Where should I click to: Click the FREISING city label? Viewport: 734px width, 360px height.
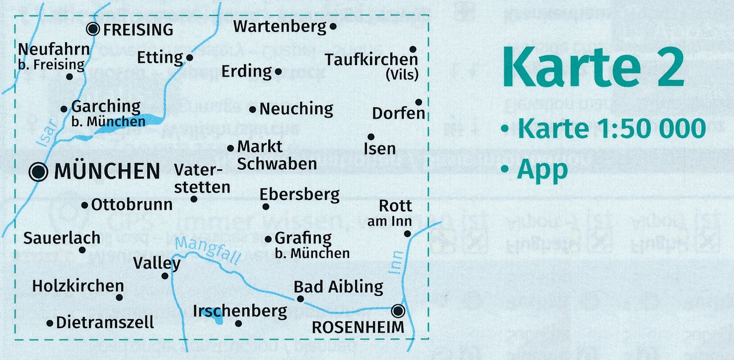pos(138,30)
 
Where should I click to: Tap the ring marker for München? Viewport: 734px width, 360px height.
pos(39,172)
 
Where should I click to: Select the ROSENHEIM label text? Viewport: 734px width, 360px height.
pos(358,327)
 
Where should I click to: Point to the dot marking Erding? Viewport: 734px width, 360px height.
pos(278,72)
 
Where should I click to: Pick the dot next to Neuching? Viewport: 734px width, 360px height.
pos(253,109)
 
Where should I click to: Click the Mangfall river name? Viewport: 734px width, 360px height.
pos(208,250)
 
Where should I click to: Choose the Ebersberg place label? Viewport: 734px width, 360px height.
pos(299,194)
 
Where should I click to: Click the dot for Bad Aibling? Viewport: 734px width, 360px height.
pos(300,299)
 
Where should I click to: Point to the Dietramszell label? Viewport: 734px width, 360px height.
pos(105,323)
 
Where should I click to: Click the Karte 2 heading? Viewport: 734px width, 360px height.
pos(593,69)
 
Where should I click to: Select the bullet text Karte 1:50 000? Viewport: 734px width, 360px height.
pos(611,129)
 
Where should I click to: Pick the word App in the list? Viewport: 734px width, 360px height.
pos(542,169)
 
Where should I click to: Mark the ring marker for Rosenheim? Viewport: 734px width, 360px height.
pos(398,311)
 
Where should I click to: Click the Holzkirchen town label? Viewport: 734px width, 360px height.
pos(78,286)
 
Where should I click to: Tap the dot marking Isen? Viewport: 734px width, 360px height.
pos(370,137)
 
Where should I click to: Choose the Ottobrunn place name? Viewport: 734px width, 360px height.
pos(132,204)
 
